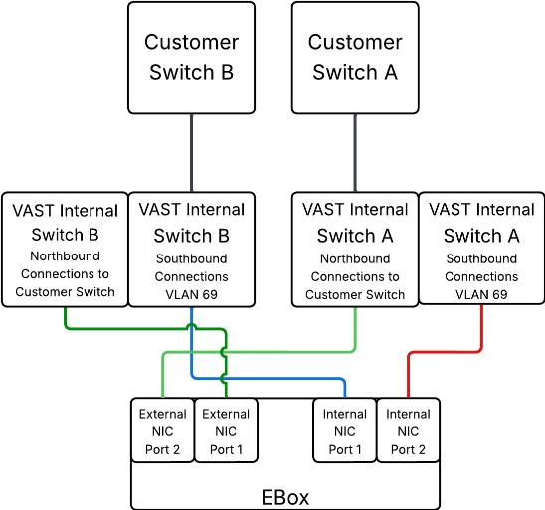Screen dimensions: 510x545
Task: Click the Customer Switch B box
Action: tap(191, 57)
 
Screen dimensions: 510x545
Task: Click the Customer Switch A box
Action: tap(355, 57)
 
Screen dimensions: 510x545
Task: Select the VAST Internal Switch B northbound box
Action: tap(66, 249)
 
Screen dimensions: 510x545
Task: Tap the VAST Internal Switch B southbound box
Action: tap(192, 249)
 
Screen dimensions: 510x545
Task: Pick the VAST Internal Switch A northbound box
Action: tap(355, 249)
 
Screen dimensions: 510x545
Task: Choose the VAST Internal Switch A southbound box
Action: tap(481, 249)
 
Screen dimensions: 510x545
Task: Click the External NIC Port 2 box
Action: tap(162, 430)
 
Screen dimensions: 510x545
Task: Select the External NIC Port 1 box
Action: tap(226, 430)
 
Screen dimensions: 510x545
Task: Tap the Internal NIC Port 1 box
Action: tap(344, 430)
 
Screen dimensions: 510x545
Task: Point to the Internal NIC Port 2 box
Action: tap(408, 430)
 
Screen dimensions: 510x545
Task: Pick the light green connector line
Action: tap(298, 350)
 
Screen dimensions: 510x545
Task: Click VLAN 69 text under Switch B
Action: tap(192, 295)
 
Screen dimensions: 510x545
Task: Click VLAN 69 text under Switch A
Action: tap(481, 295)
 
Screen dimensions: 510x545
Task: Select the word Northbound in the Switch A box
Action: tap(354, 259)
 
